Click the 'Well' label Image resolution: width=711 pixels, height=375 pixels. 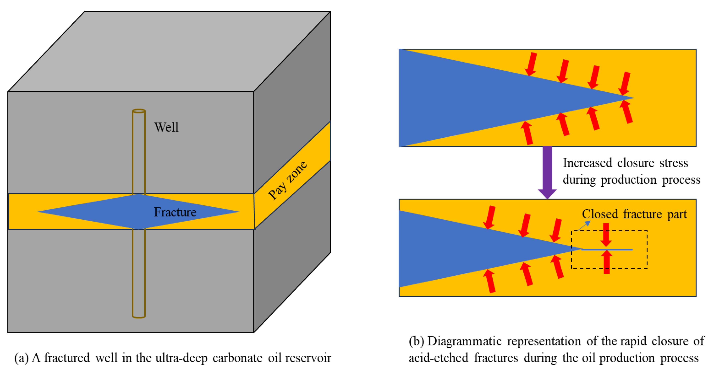coord(166,127)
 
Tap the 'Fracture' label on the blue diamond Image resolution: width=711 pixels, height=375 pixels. coord(175,212)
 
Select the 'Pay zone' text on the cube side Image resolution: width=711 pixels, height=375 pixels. coord(287,180)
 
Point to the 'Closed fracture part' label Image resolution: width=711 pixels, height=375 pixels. coord(634,214)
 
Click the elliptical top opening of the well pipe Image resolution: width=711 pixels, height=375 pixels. coord(139,111)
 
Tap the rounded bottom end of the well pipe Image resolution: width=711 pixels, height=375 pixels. coord(139,316)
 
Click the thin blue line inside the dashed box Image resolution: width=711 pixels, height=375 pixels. coord(607,250)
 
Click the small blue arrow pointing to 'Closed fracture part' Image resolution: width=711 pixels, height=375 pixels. coord(584,226)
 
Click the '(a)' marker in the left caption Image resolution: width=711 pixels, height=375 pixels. coord(22,358)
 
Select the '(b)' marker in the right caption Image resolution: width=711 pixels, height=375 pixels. coord(416,341)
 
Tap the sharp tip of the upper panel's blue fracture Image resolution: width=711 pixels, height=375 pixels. coord(633,98)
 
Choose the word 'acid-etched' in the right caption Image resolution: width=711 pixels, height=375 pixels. coord(438,358)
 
